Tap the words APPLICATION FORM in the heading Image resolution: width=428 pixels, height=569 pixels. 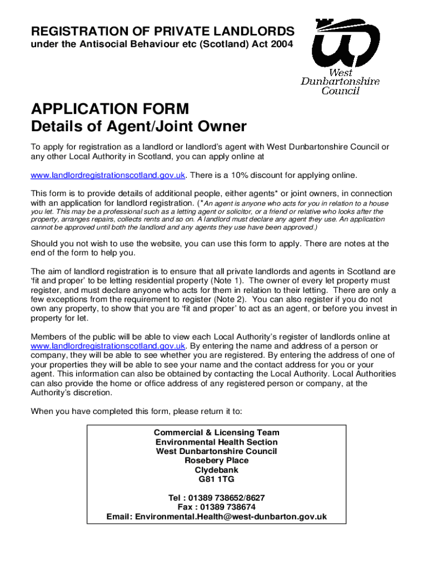[x=110, y=108]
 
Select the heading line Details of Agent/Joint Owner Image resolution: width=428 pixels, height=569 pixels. [x=138, y=127]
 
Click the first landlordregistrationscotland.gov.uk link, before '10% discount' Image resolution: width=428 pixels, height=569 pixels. [x=107, y=176]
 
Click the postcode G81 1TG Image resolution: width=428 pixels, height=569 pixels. [x=216, y=479]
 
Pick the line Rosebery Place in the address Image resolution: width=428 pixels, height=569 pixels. [x=216, y=460]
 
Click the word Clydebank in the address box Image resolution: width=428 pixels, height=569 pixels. [x=216, y=470]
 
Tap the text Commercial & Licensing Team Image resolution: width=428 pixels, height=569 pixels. [x=216, y=432]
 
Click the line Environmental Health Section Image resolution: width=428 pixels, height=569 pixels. [x=216, y=442]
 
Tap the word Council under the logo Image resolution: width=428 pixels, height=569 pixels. [x=341, y=91]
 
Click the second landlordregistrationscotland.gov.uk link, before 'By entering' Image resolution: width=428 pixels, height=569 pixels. [x=107, y=346]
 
